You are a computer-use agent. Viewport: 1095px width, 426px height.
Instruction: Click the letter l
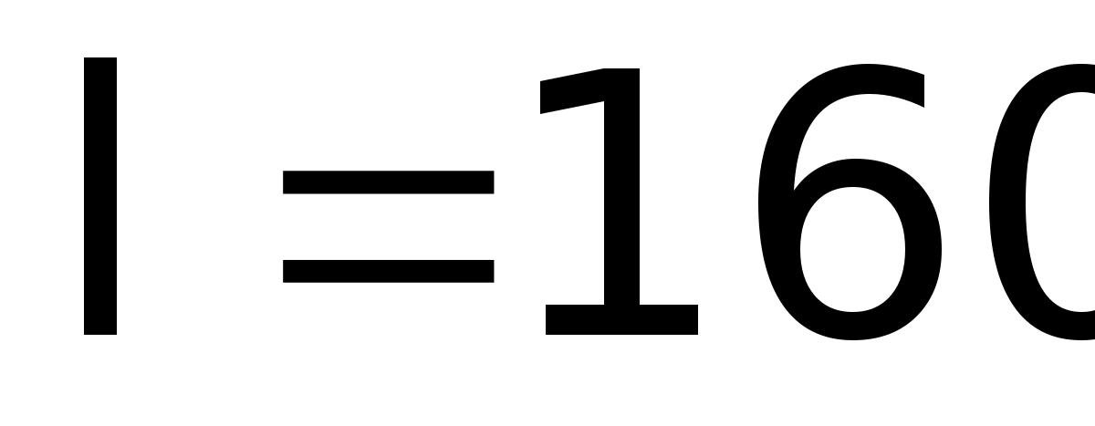(100, 196)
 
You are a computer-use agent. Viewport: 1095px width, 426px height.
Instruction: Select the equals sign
(388, 226)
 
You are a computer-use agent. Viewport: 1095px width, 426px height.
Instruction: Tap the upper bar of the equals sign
(388, 182)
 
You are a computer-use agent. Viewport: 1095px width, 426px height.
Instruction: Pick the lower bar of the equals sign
(388, 271)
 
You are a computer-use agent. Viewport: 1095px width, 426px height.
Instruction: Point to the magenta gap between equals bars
(388, 226)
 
